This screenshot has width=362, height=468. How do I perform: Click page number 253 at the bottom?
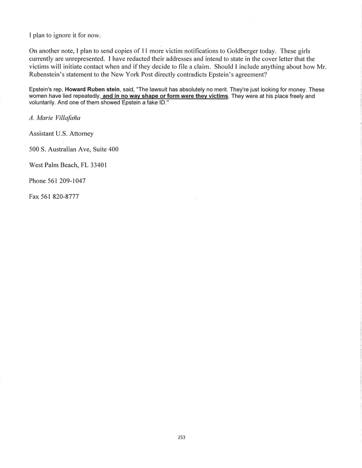point(181,437)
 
